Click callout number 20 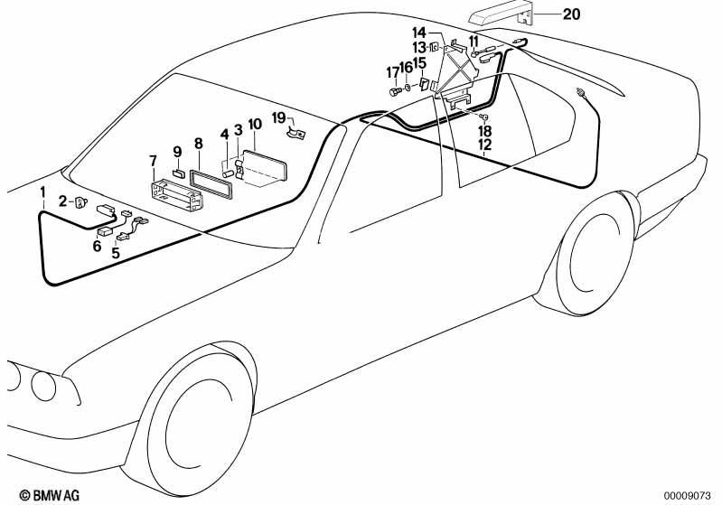click(571, 14)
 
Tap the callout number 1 click(42, 192)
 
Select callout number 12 click(485, 145)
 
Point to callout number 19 click(279, 117)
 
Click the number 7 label click(154, 162)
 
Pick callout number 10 click(255, 125)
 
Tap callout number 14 click(419, 33)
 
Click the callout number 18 click(485, 131)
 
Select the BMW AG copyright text click(50, 495)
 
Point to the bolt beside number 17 click(395, 91)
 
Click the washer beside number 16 click(408, 88)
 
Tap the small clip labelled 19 click(296, 134)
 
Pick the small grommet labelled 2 click(81, 202)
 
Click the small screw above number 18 click(484, 116)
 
